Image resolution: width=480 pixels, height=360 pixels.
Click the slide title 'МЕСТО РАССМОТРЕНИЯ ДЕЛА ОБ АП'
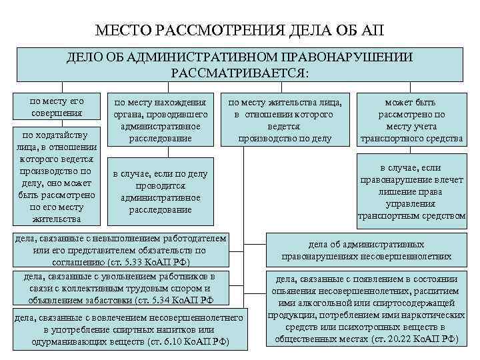click(x=240, y=30)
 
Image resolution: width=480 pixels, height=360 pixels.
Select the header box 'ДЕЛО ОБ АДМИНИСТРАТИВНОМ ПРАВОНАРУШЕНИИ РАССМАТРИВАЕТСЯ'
click(x=240, y=64)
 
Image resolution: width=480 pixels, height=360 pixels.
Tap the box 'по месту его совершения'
click(x=57, y=107)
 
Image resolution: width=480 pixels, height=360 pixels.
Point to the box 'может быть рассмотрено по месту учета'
click(x=411, y=120)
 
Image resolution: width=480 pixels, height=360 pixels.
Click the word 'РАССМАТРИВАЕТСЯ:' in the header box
click(x=240, y=71)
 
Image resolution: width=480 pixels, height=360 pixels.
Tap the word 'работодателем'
click(x=194, y=239)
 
